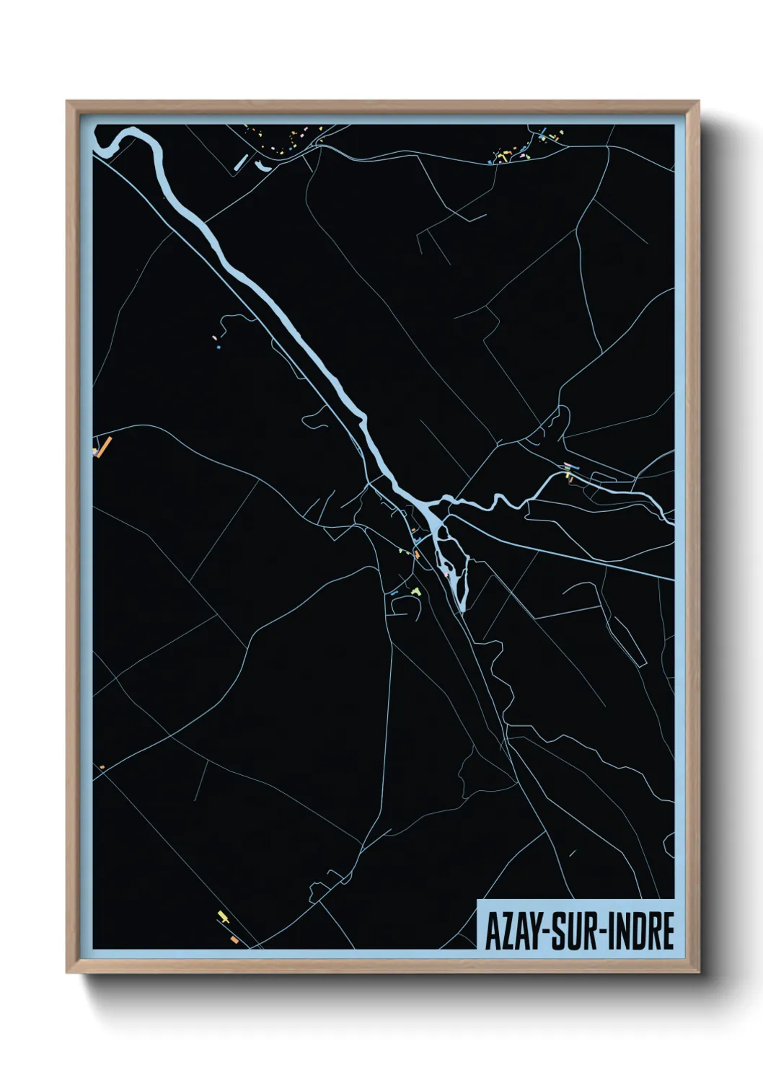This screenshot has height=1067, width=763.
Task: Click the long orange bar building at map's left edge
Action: point(104,447)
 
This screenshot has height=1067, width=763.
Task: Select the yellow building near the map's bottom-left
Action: point(222,916)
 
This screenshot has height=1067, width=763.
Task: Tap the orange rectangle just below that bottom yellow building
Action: point(234,939)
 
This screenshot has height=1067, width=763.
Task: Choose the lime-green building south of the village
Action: point(416,590)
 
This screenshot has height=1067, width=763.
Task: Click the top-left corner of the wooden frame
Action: point(68,102)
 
